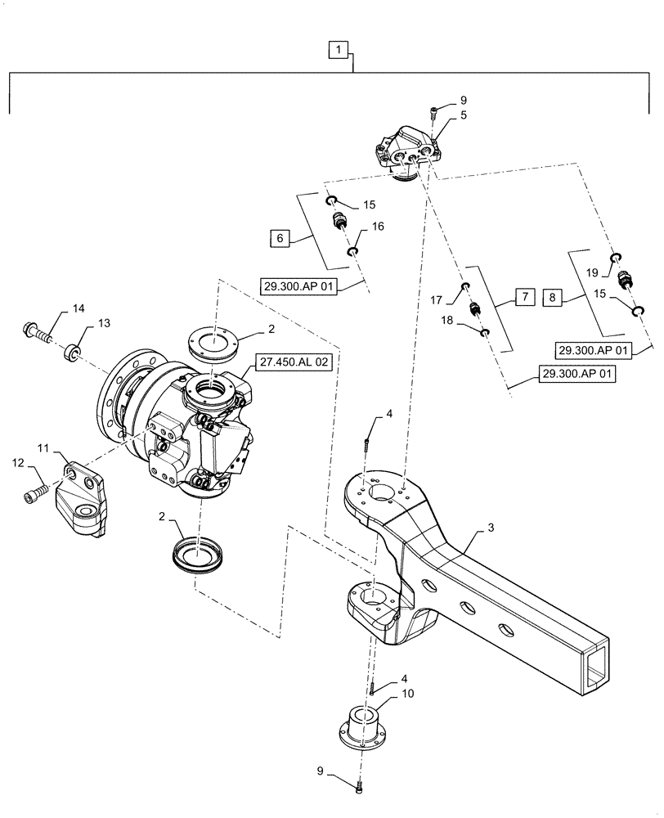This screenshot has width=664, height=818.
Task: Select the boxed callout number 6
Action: [280, 239]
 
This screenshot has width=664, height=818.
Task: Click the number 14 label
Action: [79, 308]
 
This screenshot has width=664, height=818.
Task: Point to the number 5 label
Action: [440, 115]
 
